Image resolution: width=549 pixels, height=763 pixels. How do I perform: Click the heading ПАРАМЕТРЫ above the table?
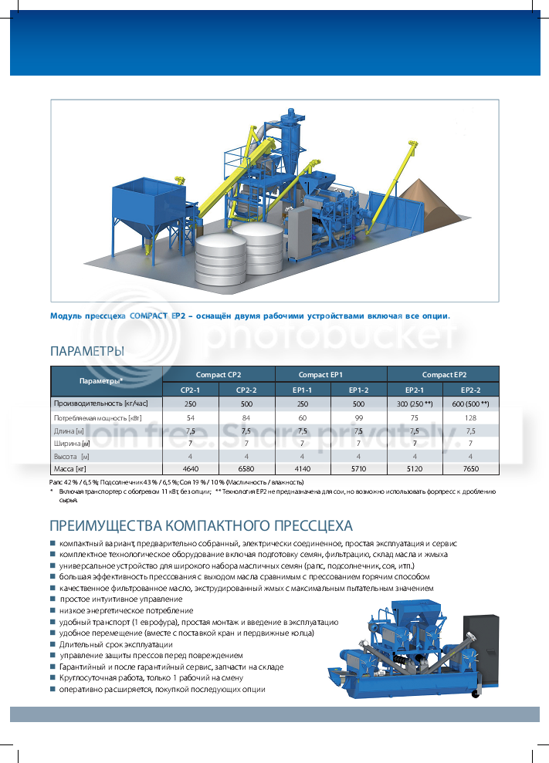[86, 352]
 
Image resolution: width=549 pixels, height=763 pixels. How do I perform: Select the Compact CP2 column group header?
[219, 374]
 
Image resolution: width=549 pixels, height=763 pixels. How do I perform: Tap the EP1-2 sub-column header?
[358, 390]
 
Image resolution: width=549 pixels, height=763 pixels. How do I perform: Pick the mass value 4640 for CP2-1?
[191, 468]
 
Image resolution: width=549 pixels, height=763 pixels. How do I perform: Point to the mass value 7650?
[470, 468]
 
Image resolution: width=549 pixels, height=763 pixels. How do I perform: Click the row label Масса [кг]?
[69, 468]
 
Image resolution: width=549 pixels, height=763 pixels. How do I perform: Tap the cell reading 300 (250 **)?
[414, 403]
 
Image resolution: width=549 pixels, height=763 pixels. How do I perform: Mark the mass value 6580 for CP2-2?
[246, 468]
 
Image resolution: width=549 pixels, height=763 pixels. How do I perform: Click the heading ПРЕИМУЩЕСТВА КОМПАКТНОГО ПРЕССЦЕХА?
[201, 526]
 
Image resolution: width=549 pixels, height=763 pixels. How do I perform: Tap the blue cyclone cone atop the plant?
[290, 150]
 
